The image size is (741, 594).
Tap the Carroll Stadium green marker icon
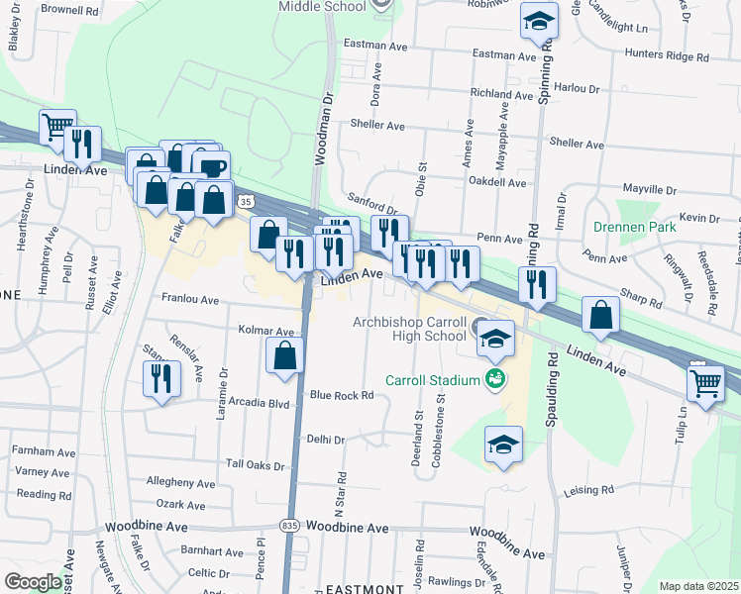pos(494,379)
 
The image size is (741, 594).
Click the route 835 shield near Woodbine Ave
pos(288,525)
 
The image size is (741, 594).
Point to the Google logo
pos(33,582)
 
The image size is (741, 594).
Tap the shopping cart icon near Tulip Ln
pos(705,381)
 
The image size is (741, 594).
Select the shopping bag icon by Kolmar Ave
pos(284,356)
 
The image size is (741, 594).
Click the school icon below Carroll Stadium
pos(503,445)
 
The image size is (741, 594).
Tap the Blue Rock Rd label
pos(341,395)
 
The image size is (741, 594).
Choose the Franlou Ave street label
pos(189,298)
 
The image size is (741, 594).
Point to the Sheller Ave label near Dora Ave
pos(377,126)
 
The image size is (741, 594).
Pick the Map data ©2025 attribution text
pos(699,586)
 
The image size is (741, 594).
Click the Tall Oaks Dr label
pos(255,463)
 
